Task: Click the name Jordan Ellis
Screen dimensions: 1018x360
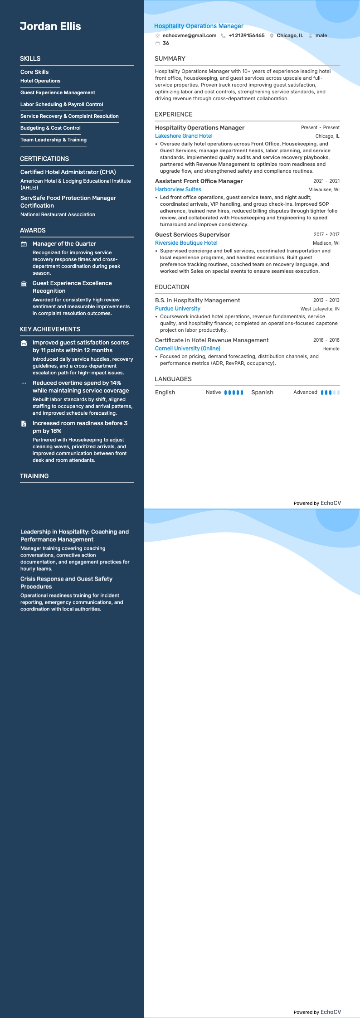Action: pyautogui.click(x=50, y=26)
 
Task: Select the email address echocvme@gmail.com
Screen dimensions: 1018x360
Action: pyautogui.click(x=189, y=35)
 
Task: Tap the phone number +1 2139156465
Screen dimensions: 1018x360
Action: pyautogui.click(x=246, y=35)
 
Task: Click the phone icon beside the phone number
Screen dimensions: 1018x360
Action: pyautogui.click(x=223, y=35)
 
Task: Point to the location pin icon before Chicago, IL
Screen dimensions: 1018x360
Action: pyautogui.click(x=272, y=35)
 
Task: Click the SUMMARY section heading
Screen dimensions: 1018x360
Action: pyautogui.click(x=170, y=58)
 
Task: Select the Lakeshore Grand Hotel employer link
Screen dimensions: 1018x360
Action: pyautogui.click(x=184, y=136)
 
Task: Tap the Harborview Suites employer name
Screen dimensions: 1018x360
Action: pyautogui.click(x=178, y=189)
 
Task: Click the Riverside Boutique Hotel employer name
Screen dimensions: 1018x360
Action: pyautogui.click(x=186, y=243)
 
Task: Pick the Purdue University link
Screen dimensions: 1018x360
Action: pyautogui.click(x=177, y=309)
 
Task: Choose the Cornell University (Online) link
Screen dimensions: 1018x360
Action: pyautogui.click(x=187, y=349)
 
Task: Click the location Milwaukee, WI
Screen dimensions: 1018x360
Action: pyautogui.click(x=324, y=189)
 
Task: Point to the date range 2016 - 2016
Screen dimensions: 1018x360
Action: pyautogui.click(x=326, y=340)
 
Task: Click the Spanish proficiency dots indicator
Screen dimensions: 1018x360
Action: pyautogui.click(x=330, y=393)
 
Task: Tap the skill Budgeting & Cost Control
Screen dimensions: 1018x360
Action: pyautogui.click(x=50, y=128)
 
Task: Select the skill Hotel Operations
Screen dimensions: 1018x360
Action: pyautogui.click(x=40, y=81)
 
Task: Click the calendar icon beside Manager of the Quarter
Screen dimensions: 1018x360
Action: pyautogui.click(x=24, y=244)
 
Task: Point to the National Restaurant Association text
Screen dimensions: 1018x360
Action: pyautogui.click(x=58, y=215)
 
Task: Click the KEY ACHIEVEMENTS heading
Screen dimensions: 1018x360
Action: pyautogui.click(x=50, y=330)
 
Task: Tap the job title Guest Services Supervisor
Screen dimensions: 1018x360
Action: pyautogui.click(x=192, y=235)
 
